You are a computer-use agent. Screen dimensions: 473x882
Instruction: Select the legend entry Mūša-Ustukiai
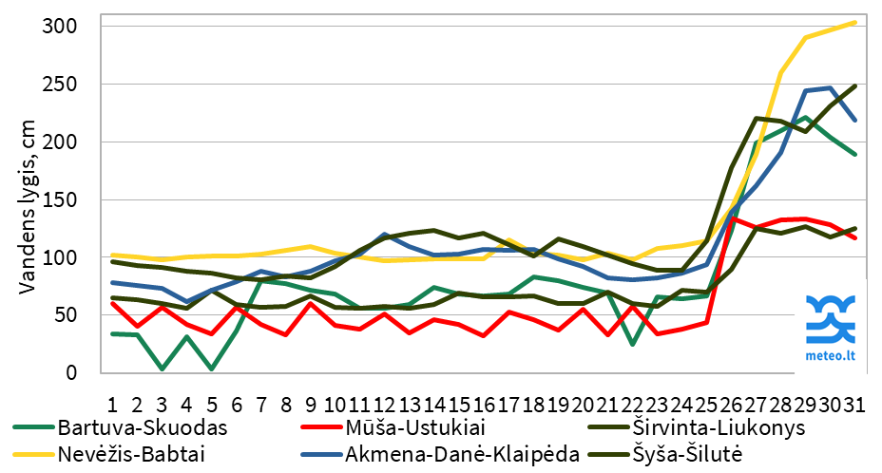pos(404,426)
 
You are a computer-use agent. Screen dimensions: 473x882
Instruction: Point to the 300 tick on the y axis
pos(59,26)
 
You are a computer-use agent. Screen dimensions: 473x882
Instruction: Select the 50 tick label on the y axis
pos(64,315)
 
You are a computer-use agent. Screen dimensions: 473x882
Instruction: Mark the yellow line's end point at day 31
pos(853,22)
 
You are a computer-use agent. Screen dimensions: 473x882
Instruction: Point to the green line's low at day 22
pos(632,344)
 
